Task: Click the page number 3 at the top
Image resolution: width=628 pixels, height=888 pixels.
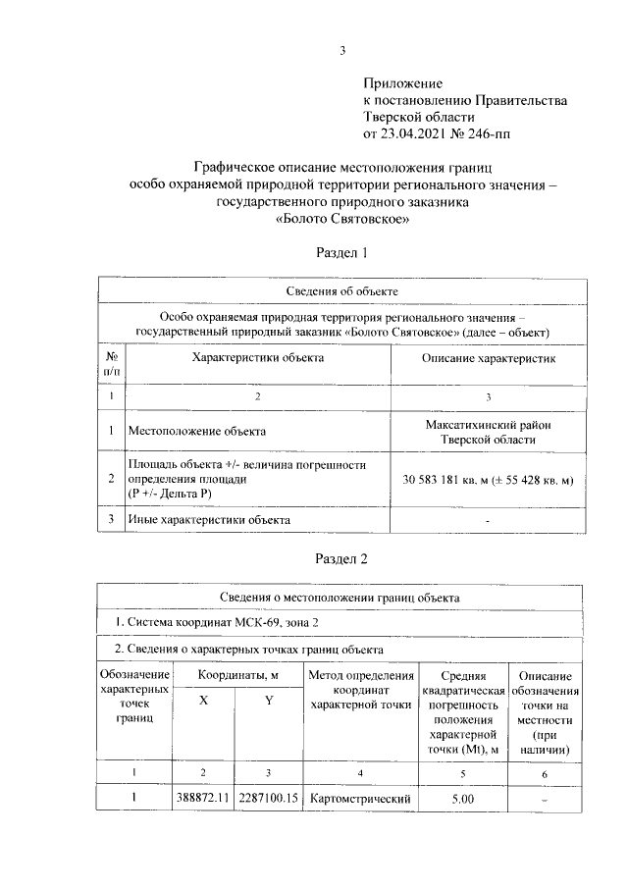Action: pyautogui.click(x=341, y=52)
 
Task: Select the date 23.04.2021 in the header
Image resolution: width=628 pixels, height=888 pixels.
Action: pyautogui.click(x=420, y=133)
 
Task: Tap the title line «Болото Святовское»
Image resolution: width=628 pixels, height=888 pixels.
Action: pyautogui.click(x=341, y=220)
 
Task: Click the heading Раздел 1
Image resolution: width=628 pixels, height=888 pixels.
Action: pyautogui.click(x=341, y=253)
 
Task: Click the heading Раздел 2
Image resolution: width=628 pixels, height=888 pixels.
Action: pyautogui.click(x=341, y=559)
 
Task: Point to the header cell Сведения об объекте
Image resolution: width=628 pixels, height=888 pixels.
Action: pyautogui.click(x=341, y=291)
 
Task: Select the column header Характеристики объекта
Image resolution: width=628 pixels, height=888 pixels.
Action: pyautogui.click(x=258, y=358)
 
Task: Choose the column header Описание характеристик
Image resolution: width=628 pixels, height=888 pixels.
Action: pyautogui.click(x=488, y=360)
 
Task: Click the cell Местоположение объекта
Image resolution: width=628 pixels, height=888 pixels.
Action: pyautogui.click(x=196, y=431)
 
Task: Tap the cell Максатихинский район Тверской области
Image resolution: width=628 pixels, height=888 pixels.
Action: pyautogui.click(x=488, y=431)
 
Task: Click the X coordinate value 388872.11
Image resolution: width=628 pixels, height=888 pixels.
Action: pyautogui.click(x=203, y=799)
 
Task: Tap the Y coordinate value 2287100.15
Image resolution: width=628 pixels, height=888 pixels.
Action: pyautogui.click(x=268, y=799)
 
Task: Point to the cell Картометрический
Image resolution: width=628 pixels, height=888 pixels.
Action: pyautogui.click(x=359, y=799)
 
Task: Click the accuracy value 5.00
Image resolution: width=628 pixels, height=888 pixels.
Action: pyautogui.click(x=461, y=799)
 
